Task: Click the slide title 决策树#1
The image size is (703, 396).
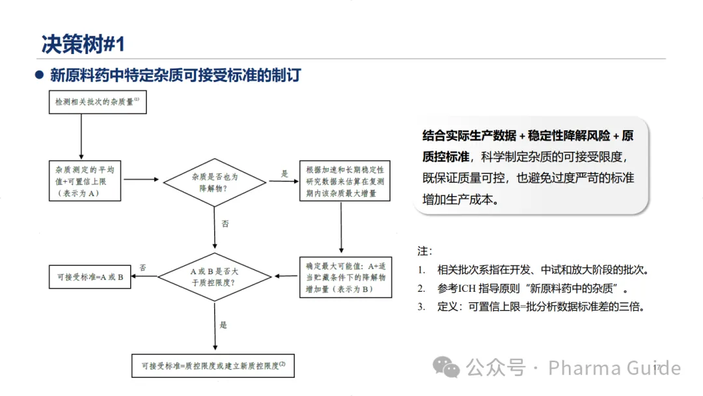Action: (x=83, y=44)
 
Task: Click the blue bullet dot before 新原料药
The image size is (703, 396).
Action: (x=39, y=75)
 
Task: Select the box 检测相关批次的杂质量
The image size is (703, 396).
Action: (x=98, y=103)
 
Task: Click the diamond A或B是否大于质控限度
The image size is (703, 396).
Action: (x=215, y=276)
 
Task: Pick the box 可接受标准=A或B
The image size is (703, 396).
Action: (x=90, y=277)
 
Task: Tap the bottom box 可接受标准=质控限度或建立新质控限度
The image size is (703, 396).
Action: (x=214, y=365)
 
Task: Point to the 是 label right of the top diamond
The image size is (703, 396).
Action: (x=284, y=174)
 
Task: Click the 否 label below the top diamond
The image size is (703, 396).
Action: (x=225, y=223)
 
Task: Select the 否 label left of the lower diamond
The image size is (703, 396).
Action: (x=143, y=267)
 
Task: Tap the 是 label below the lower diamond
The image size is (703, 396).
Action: (x=224, y=325)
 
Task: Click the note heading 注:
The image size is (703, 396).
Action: (x=424, y=251)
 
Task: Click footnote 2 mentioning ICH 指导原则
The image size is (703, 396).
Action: (x=526, y=288)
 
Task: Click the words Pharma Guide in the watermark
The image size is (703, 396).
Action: (x=614, y=368)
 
